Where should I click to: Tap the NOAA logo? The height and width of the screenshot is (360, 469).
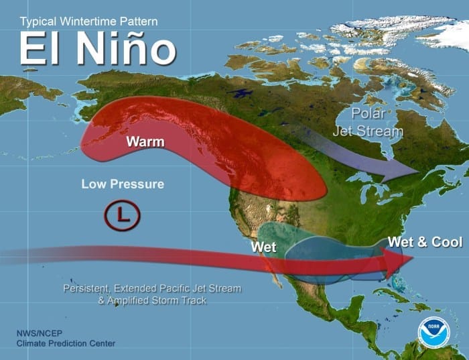(433, 331)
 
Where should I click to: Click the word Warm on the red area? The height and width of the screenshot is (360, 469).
(145, 142)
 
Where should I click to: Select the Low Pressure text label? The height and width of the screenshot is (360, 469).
(123, 184)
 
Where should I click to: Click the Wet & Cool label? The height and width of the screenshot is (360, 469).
(425, 242)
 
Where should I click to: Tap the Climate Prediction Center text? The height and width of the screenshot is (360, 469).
(66, 344)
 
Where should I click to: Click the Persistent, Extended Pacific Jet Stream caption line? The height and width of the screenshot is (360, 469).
(152, 288)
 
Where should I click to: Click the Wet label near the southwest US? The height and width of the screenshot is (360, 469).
(264, 247)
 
